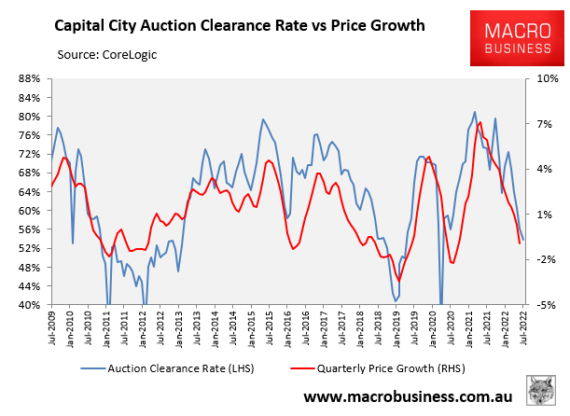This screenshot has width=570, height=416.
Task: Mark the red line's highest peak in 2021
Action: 480,122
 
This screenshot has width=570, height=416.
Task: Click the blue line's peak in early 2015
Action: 263,119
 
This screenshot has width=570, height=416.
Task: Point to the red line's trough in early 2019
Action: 399,280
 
